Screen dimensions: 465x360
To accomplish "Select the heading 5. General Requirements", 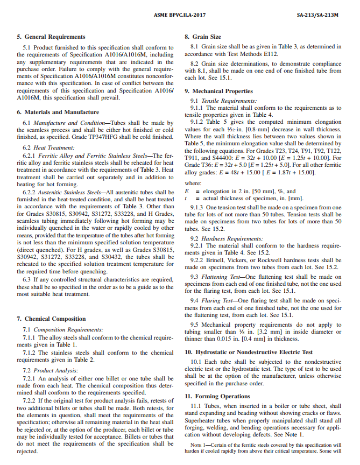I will (x=51, y=37).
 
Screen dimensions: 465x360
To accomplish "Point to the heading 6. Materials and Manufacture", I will (x=58, y=112).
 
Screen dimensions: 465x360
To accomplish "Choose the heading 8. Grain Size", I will (x=203, y=37).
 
